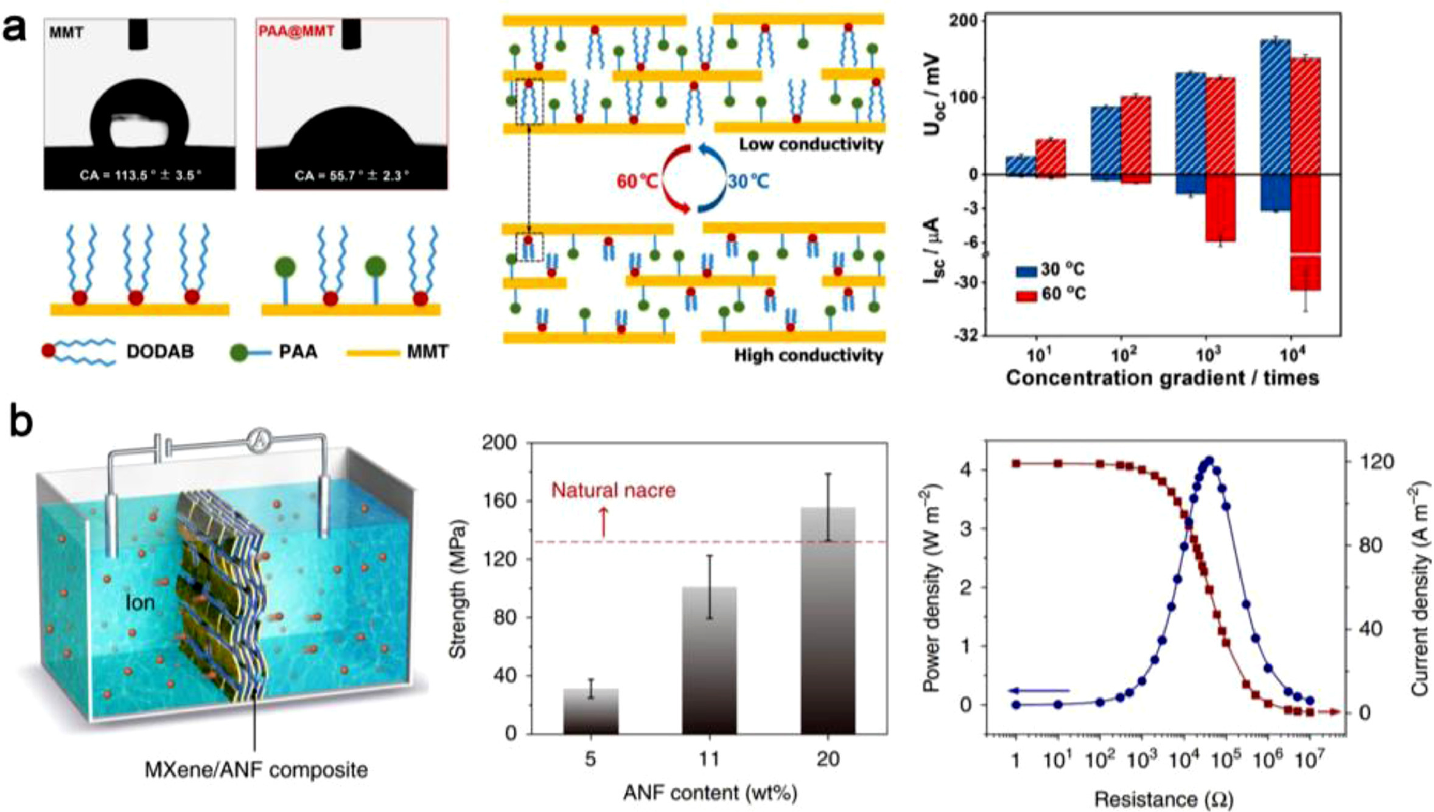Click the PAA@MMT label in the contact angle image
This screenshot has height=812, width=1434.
296,31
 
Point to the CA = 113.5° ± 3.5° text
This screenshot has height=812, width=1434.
140,176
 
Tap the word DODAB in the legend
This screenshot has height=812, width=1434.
160,352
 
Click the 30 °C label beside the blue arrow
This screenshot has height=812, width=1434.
748,181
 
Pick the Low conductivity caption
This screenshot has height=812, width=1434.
811,145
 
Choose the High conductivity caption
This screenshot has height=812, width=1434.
808,355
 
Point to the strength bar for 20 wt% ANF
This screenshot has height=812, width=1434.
828,620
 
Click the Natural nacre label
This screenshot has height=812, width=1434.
613,490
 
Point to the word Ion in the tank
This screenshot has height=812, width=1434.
139,602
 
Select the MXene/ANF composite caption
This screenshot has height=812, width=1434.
256,769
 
